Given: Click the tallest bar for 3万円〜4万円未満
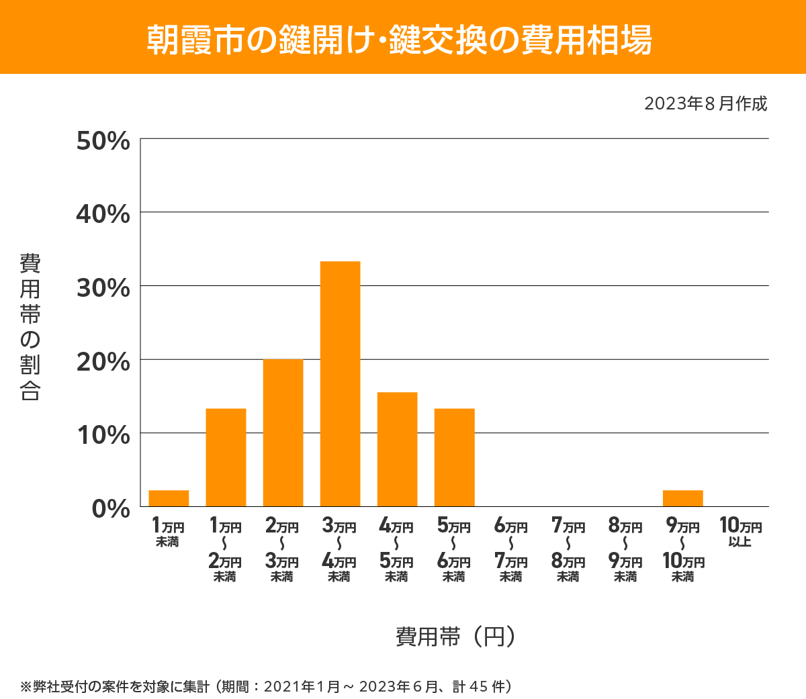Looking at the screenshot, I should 340,383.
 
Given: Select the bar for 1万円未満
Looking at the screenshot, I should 169,498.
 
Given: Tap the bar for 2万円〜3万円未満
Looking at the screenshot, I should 283,432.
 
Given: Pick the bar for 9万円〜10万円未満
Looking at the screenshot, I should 682,498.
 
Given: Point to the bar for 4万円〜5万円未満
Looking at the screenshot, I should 397,449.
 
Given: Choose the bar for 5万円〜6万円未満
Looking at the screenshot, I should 454,457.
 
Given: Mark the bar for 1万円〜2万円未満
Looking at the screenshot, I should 226,457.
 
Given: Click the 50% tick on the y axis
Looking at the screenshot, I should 103,141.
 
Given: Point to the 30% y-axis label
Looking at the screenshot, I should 103,288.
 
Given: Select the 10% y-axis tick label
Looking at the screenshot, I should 103,435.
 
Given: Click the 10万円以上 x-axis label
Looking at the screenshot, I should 740,532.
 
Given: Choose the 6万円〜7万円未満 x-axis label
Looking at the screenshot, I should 511,551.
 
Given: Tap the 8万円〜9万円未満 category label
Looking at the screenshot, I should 625,551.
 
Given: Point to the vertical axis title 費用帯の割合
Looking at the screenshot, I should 30,327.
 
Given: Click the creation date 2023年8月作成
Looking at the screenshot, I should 705,104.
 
